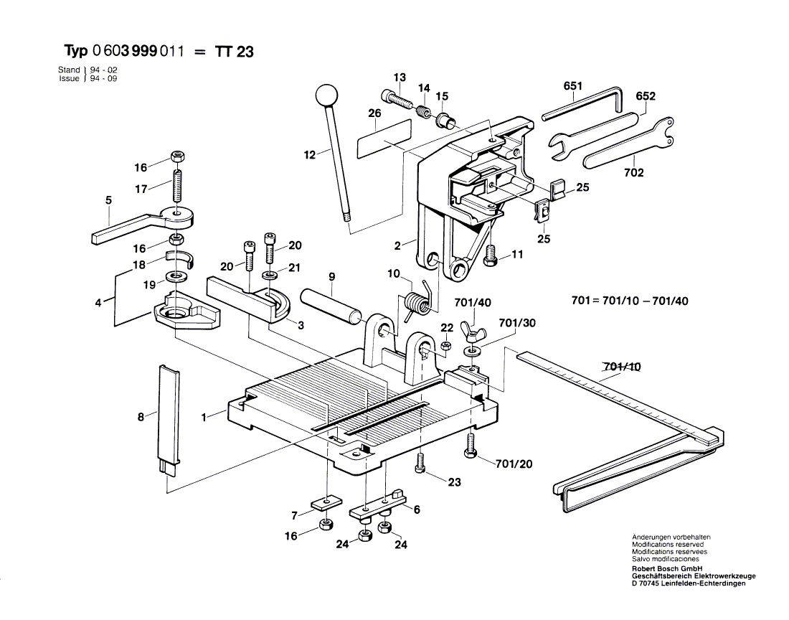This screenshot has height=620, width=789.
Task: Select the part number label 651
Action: pos(572,86)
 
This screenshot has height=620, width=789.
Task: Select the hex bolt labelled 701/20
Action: pos(471,446)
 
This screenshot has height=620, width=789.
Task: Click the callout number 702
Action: pos(634,173)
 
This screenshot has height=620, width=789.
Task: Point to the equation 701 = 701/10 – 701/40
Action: pos(629,301)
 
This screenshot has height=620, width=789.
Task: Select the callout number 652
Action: pos(646,96)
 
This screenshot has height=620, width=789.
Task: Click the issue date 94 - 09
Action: pos(103,78)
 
